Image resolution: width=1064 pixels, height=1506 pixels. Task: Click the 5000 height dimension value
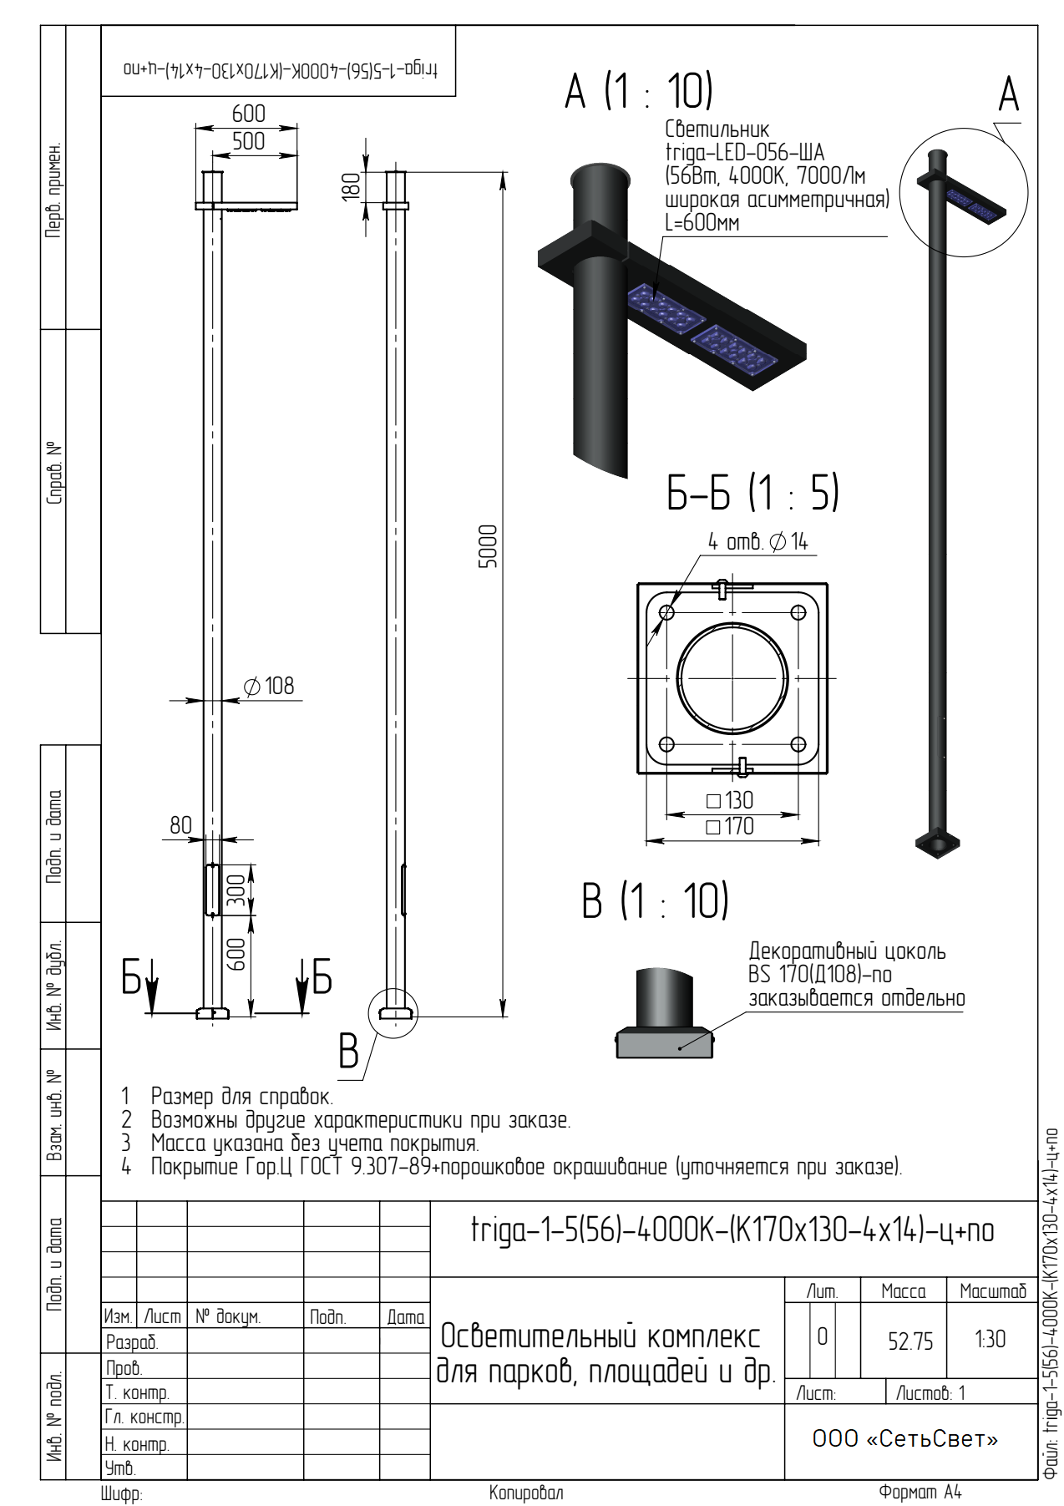(x=488, y=546)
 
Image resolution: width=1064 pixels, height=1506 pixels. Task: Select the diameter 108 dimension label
(x=269, y=687)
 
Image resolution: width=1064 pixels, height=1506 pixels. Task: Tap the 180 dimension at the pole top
(x=352, y=185)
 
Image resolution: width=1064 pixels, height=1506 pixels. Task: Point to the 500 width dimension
(x=249, y=141)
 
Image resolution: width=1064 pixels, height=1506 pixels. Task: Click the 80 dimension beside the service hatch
(x=180, y=825)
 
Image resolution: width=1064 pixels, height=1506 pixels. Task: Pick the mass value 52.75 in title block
(x=910, y=1341)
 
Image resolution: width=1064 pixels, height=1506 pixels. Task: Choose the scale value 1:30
(x=990, y=1340)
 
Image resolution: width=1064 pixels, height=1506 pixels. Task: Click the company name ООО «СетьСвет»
(x=905, y=1438)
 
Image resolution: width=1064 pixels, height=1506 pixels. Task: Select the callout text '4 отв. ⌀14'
(x=758, y=542)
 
